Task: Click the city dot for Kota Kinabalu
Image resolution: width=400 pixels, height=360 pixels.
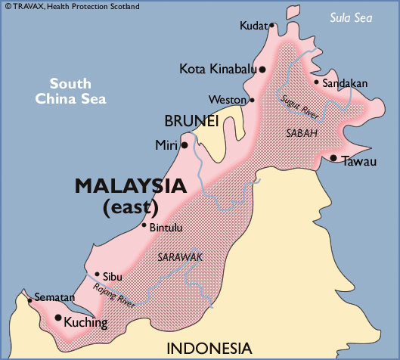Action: click(x=262, y=70)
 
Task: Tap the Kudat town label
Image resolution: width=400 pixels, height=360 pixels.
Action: click(x=253, y=26)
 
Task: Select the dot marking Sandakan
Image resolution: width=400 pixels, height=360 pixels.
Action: click(x=316, y=82)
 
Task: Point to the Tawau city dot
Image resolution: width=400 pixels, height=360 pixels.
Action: click(x=333, y=157)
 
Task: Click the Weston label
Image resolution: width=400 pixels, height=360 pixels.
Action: click(x=228, y=100)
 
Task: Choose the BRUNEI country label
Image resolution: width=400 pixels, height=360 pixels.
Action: click(x=191, y=121)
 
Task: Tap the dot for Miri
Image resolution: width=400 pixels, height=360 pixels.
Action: click(x=184, y=144)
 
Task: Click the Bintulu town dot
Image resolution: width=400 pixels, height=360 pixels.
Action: click(x=144, y=225)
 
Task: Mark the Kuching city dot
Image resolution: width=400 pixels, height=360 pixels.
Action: click(x=58, y=318)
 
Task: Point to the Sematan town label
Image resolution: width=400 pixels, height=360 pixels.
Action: click(x=54, y=297)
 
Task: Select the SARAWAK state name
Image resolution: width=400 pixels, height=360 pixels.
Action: click(x=178, y=257)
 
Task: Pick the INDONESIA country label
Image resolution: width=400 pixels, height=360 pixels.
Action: click(x=209, y=348)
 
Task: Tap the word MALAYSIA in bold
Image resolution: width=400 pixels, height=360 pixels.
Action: click(x=129, y=185)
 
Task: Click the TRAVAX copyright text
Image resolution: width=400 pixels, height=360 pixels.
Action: click(x=71, y=6)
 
